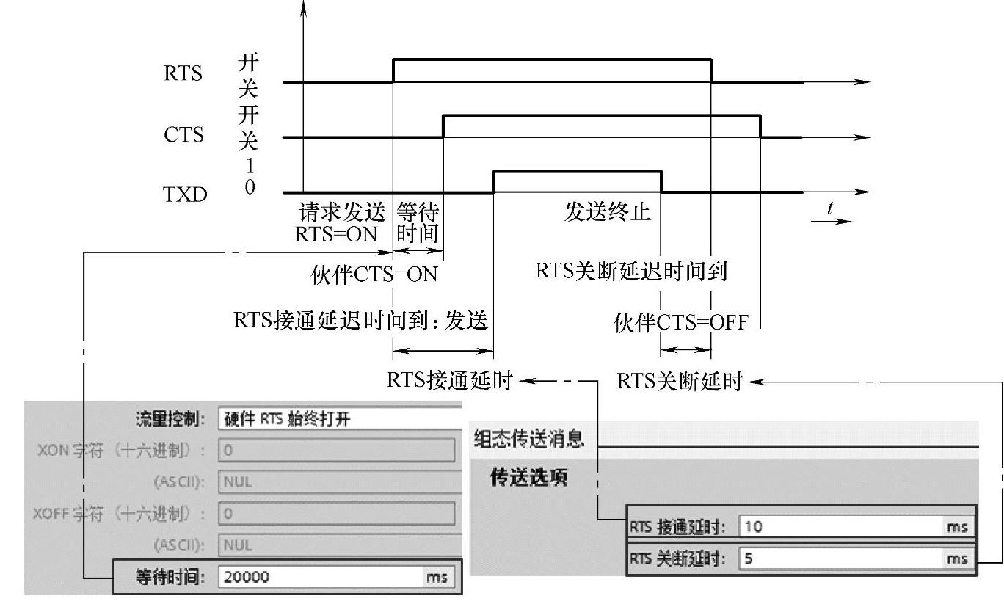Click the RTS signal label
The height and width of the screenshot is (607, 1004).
[183, 74]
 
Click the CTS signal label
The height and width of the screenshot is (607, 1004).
[184, 135]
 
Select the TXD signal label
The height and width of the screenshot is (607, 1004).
[185, 195]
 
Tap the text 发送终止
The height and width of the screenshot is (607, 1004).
[608, 213]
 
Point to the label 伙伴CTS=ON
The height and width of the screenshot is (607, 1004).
[374, 275]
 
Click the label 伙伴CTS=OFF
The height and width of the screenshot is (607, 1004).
[680, 322]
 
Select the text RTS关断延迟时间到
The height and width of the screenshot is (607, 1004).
[631, 272]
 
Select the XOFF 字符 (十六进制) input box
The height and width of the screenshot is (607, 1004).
[336, 514]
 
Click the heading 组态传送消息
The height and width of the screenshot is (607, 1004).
[528, 439]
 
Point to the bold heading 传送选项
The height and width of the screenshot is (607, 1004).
[528, 478]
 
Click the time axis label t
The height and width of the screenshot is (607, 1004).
[830, 208]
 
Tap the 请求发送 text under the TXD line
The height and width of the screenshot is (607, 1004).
[341, 214]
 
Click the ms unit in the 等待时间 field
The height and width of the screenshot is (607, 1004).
[436, 578]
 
